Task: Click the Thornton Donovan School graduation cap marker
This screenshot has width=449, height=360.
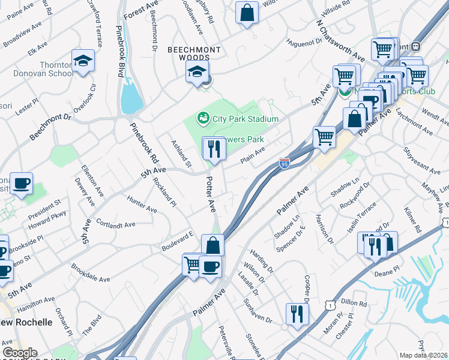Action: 83,61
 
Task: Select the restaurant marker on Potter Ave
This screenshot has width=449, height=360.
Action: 214,149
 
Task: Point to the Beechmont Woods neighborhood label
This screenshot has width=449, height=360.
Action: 193,54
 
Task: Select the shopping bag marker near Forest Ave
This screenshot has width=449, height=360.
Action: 247,13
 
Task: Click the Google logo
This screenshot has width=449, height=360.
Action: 19,353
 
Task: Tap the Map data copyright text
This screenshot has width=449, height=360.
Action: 424,355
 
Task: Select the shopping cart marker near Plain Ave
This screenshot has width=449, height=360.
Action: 324,136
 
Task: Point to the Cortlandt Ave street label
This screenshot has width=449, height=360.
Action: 115,222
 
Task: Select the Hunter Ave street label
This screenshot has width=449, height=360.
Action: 142,203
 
